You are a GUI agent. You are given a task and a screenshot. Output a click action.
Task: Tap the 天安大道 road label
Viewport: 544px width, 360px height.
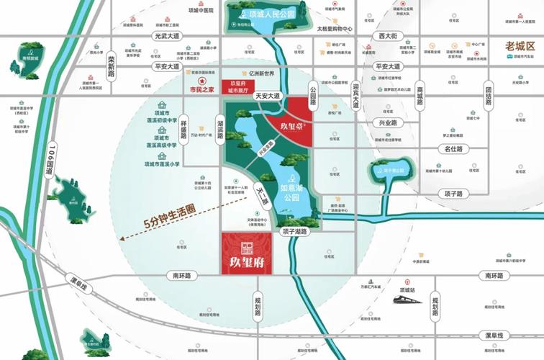[273, 96]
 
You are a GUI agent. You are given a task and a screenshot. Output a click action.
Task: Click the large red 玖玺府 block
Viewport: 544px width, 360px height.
[246, 253]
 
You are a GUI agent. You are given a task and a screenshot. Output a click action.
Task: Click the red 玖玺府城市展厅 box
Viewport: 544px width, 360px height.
[238, 88]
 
